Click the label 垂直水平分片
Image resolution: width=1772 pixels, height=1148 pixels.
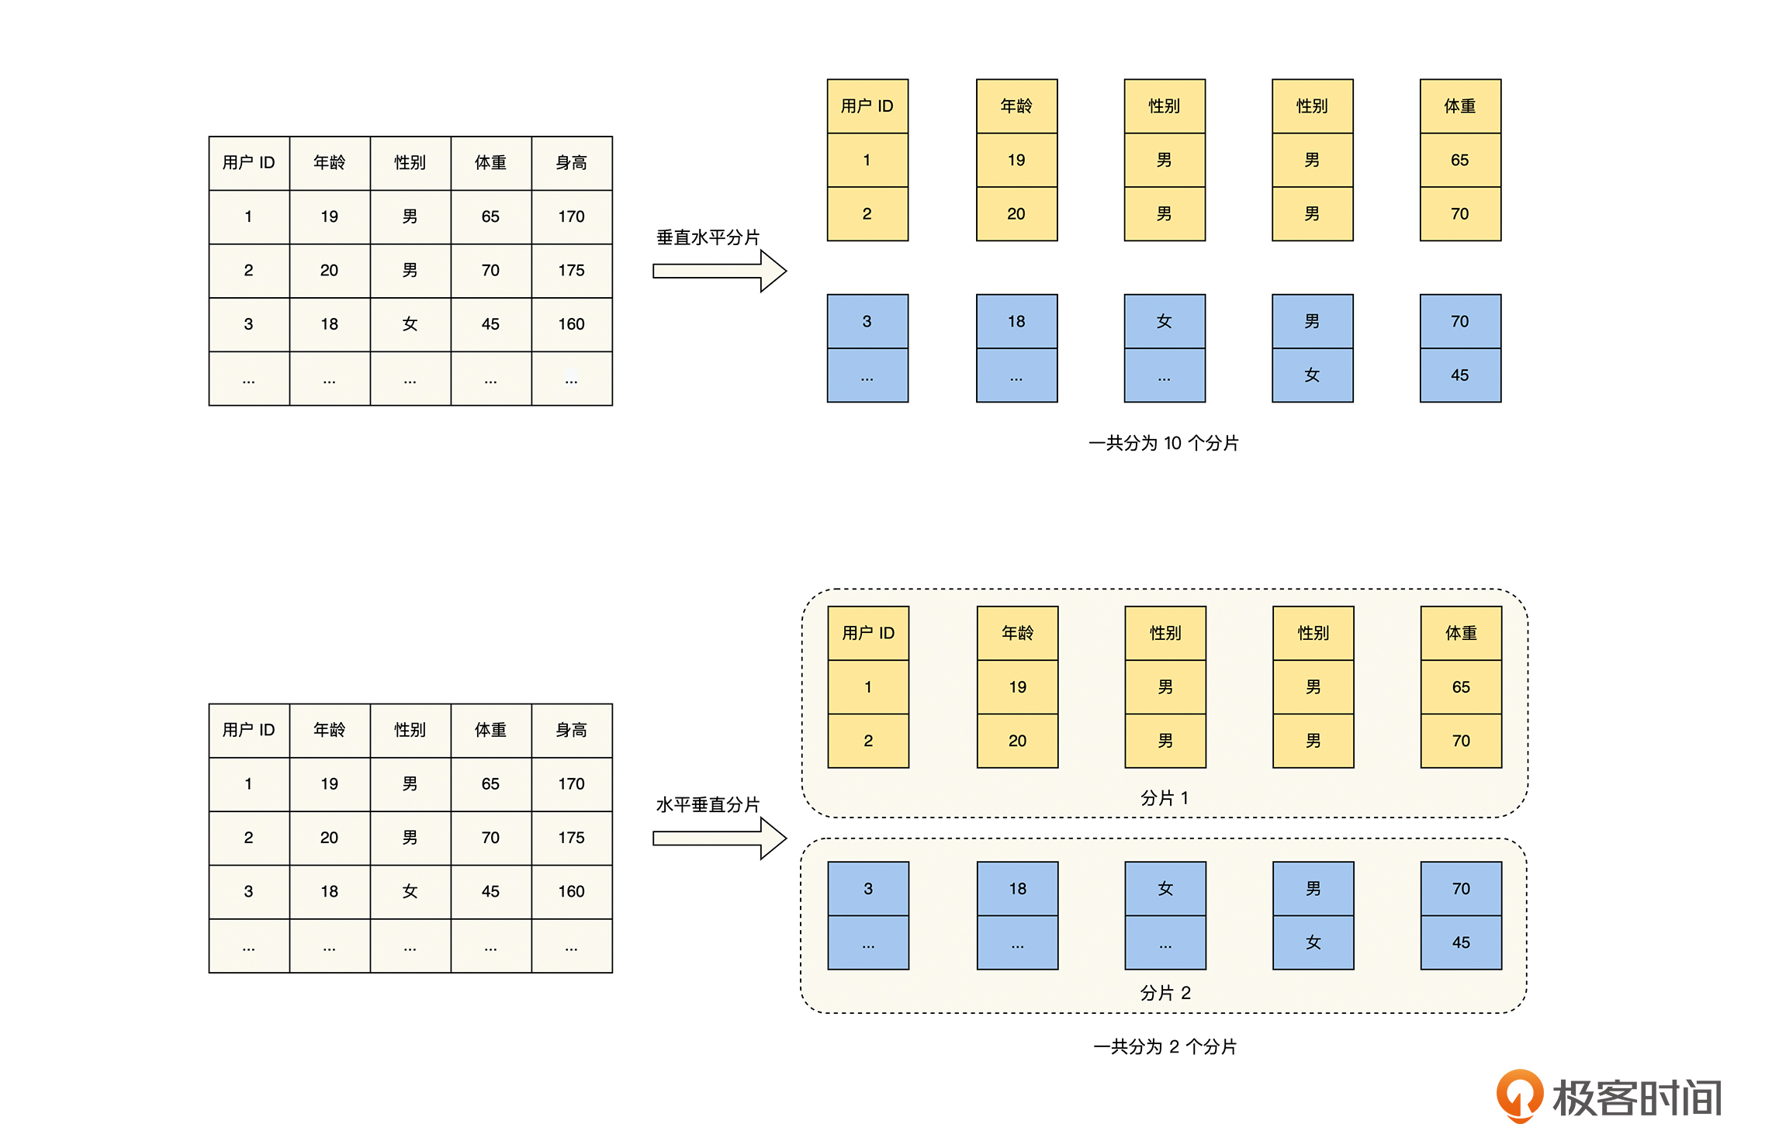pyautogui.click(x=708, y=237)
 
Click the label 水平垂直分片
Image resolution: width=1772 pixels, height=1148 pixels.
pyautogui.click(x=708, y=804)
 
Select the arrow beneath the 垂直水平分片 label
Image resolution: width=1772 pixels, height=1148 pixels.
pyautogui.click(x=719, y=271)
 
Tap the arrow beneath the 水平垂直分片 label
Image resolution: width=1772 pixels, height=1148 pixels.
pyautogui.click(x=719, y=838)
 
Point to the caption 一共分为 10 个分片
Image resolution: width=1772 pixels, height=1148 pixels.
pyautogui.click(x=1163, y=443)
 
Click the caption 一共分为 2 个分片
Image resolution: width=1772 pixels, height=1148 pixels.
pyautogui.click(x=1165, y=1046)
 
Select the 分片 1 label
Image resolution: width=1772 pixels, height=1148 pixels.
pyautogui.click(x=1164, y=797)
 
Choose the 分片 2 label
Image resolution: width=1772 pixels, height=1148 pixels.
pyautogui.click(x=1165, y=993)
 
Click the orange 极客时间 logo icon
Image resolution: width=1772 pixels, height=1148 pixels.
pyautogui.click(x=1519, y=1094)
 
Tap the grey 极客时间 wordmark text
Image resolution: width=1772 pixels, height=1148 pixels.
pyautogui.click(x=1637, y=1098)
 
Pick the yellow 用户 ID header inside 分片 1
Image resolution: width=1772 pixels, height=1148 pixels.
pyautogui.click(x=868, y=633)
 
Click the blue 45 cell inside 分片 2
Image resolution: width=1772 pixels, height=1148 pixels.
pyautogui.click(x=1461, y=942)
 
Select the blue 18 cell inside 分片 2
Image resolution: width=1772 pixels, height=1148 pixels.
pyautogui.click(x=1017, y=888)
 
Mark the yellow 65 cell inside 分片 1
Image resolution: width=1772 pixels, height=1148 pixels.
pyautogui.click(x=1461, y=686)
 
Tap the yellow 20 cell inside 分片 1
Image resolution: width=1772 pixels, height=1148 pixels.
pyautogui.click(x=1017, y=741)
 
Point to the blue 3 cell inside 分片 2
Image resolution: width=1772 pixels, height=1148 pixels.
pyautogui.click(x=868, y=888)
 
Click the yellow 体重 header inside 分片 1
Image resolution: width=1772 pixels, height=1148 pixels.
pyautogui.click(x=1461, y=633)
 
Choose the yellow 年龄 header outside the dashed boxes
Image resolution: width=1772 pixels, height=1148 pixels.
pyautogui.click(x=1016, y=106)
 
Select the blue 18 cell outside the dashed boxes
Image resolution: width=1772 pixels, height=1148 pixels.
pyautogui.click(x=1016, y=321)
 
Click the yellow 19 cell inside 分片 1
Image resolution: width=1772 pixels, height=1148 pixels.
pyautogui.click(x=1017, y=686)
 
